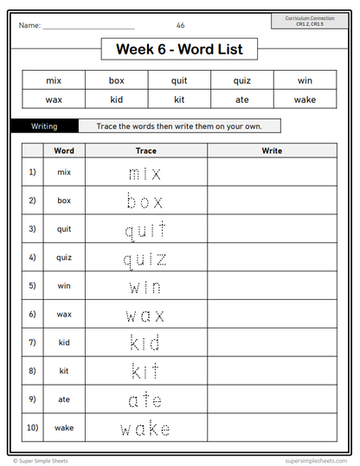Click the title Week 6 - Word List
[179, 50]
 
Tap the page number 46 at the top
[180, 25]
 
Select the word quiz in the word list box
[241, 80]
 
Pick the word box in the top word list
[117, 80]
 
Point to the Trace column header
[145, 150]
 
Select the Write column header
[272, 150]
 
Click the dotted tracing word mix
[145, 173]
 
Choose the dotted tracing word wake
[145, 428]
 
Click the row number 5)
[32, 285]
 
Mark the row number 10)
[32, 427]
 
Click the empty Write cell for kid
[272, 342]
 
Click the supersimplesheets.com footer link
[312, 461]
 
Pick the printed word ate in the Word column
[63, 399]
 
